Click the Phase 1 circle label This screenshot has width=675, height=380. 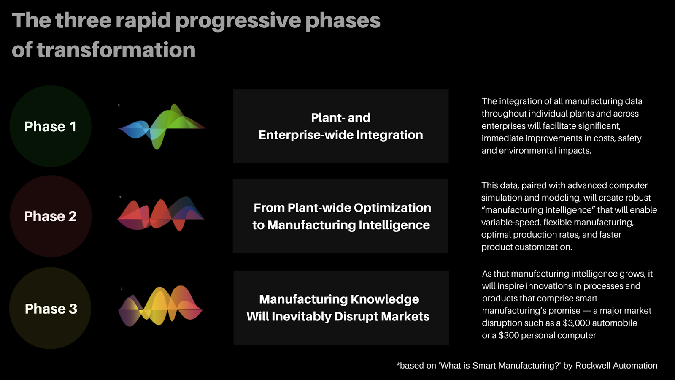click(50, 126)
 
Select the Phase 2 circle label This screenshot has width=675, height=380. click(50, 216)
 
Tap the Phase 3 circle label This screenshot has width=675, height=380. click(51, 309)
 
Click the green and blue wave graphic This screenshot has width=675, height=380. click(161, 127)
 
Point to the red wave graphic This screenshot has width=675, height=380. click(161, 214)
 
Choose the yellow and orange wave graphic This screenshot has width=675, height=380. click(160, 306)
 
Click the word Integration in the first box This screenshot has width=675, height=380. click(390, 135)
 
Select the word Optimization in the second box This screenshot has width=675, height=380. click(392, 208)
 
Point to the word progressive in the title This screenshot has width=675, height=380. click(238, 21)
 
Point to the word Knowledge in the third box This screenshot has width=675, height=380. click(385, 299)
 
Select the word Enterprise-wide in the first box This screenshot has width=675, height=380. click(306, 135)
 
